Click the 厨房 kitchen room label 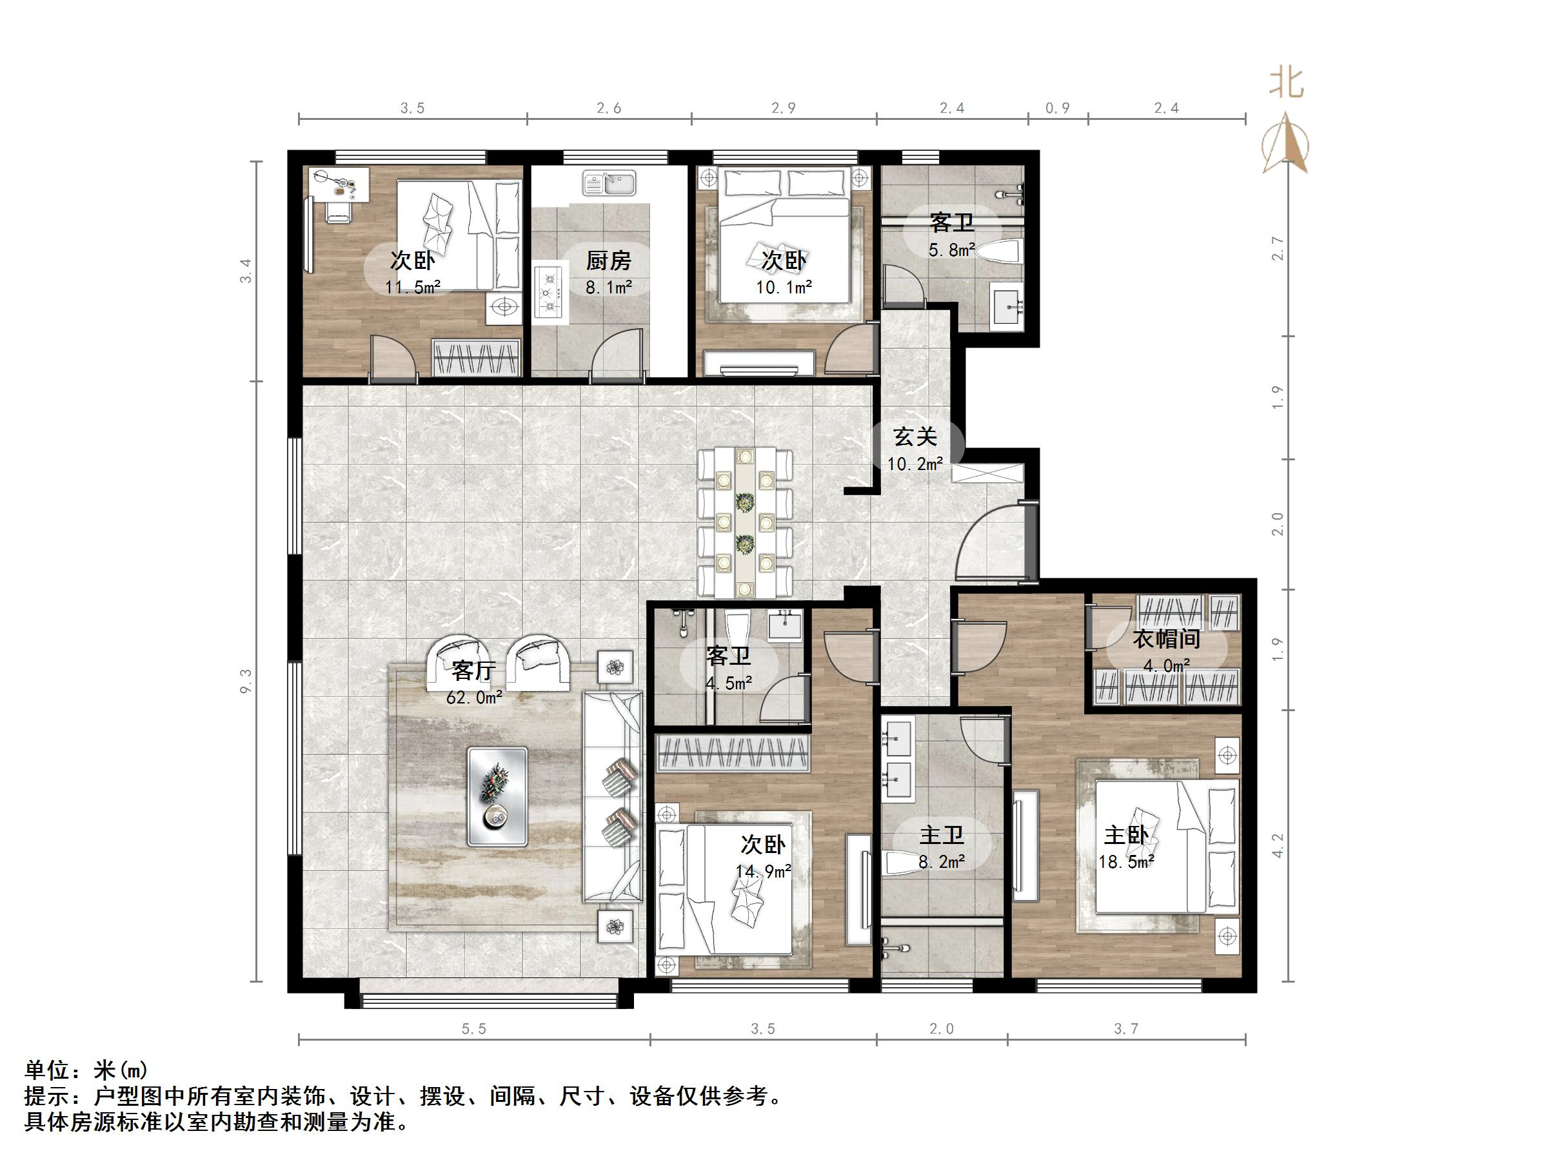click(x=608, y=261)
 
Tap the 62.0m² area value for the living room click(x=474, y=696)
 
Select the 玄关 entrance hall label click(x=915, y=437)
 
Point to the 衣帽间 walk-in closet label click(x=1165, y=639)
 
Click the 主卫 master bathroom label click(x=941, y=836)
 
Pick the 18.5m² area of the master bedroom click(x=1126, y=861)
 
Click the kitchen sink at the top click(x=609, y=184)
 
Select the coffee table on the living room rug click(x=497, y=796)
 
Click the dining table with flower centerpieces click(x=746, y=522)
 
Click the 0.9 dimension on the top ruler click(x=1058, y=108)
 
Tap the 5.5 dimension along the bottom click(x=473, y=1029)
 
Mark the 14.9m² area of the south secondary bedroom click(x=763, y=871)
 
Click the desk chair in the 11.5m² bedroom click(x=338, y=211)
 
